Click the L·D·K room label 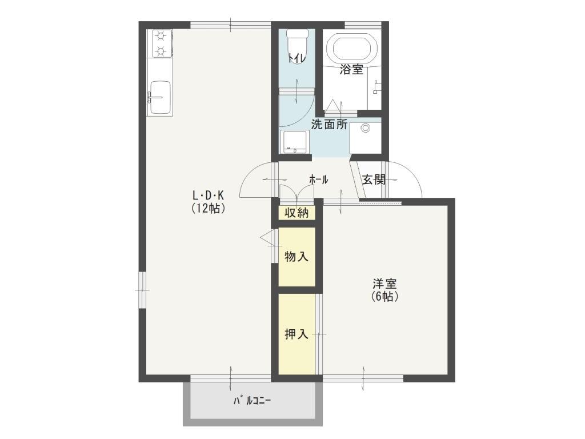click(208, 195)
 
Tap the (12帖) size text click(208, 208)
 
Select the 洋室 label click(384, 284)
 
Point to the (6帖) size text click(384, 297)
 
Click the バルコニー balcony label click(252, 401)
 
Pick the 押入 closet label click(296, 334)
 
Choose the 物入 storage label click(296, 257)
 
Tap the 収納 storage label click(296, 213)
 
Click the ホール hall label click(319, 179)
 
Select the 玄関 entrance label click(374, 179)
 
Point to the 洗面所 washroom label click(330, 124)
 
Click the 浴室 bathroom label click(351, 69)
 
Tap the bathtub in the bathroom click(351, 50)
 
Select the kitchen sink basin click(160, 97)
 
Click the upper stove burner click(161, 36)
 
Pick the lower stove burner click(161, 50)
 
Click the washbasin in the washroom click(295, 142)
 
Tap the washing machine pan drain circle click(366, 128)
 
